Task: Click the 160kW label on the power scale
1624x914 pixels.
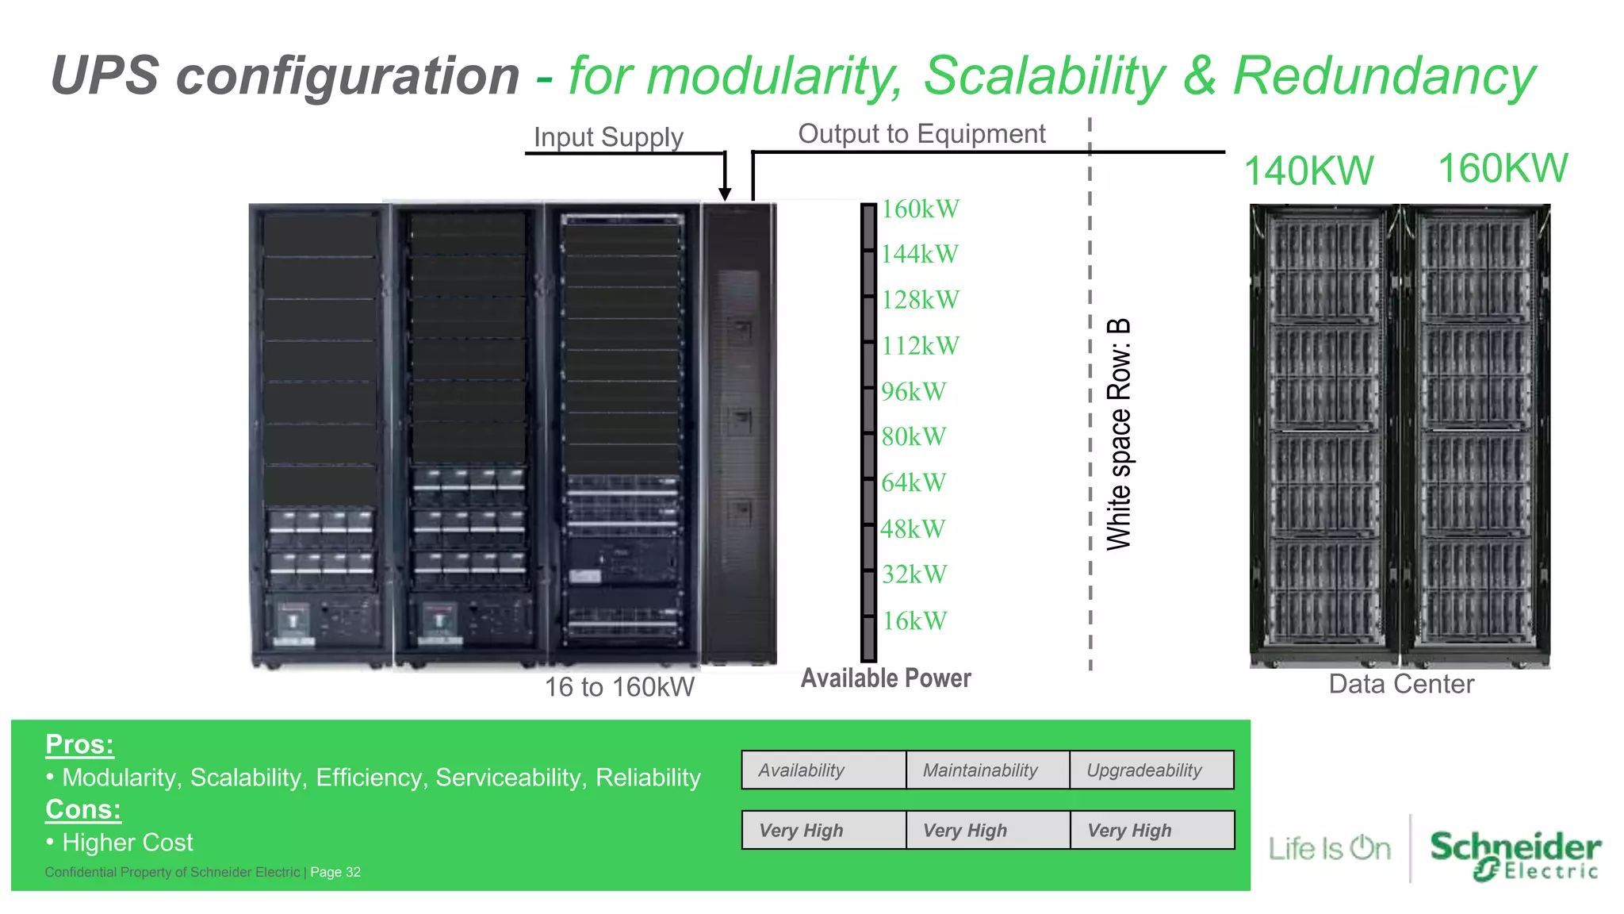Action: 920,209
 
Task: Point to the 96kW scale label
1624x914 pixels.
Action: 913,392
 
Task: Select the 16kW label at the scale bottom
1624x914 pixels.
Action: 914,621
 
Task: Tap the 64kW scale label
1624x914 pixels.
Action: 913,483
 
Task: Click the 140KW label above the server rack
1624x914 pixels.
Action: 1308,171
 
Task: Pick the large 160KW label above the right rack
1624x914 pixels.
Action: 1503,169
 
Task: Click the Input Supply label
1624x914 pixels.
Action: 608,137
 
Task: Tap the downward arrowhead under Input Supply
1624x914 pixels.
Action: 725,194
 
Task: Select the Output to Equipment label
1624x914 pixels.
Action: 921,134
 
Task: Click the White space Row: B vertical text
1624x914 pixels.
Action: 1119,434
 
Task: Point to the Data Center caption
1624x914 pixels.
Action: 1401,684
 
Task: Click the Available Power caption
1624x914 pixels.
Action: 886,678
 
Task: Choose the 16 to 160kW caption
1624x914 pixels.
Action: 619,687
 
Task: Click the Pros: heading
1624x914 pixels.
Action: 79,744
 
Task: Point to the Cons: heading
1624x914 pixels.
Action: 83,809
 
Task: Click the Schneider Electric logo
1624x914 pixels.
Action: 1515,854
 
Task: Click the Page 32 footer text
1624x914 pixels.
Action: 335,872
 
